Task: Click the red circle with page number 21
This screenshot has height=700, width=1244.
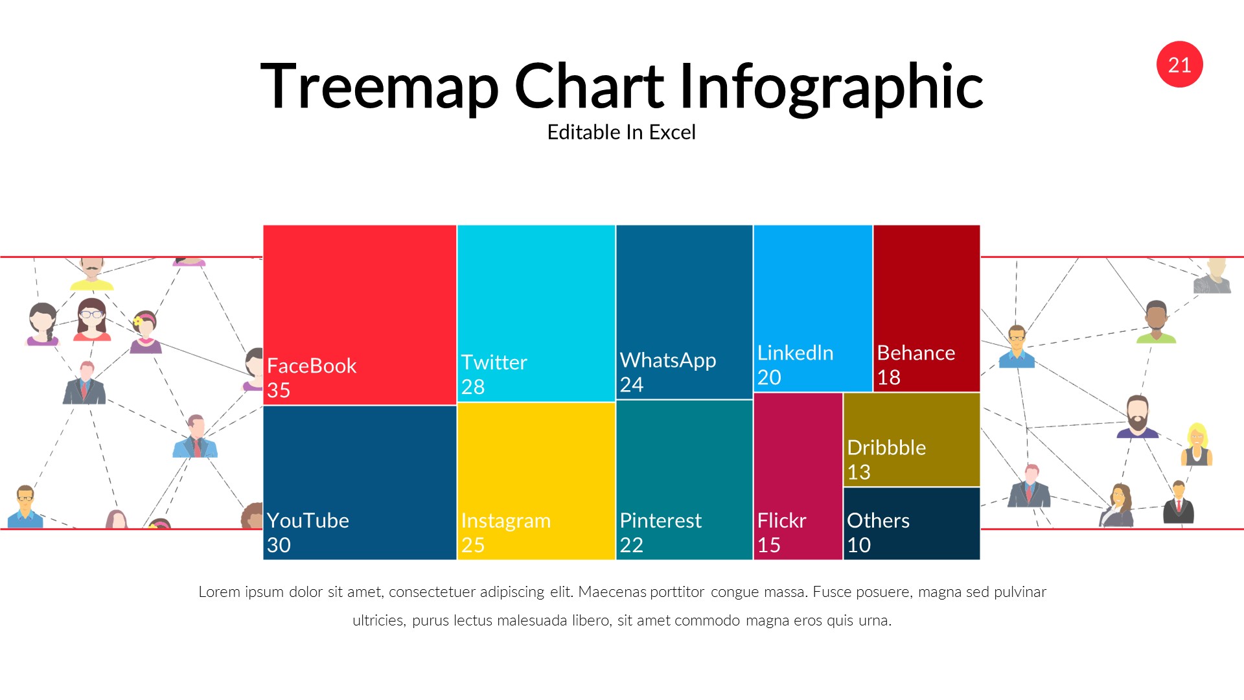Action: (1179, 65)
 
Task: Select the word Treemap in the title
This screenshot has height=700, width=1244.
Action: (379, 86)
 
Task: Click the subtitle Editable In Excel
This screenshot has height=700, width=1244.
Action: (621, 132)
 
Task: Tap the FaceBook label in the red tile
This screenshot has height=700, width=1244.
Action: (312, 366)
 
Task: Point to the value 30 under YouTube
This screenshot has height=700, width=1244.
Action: (279, 545)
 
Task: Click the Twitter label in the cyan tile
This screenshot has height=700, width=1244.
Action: (494, 362)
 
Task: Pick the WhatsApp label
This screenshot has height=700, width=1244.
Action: (668, 360)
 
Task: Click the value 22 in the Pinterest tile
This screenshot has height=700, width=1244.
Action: (632, 545)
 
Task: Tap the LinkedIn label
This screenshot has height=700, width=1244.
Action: (795, 353)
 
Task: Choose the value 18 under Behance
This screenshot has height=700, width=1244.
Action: (889, 378)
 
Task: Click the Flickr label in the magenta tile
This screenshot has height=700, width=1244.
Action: (781, 520)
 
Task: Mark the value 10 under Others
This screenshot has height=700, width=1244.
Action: (859, 545)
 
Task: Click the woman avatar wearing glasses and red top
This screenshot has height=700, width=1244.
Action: (92, 320)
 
